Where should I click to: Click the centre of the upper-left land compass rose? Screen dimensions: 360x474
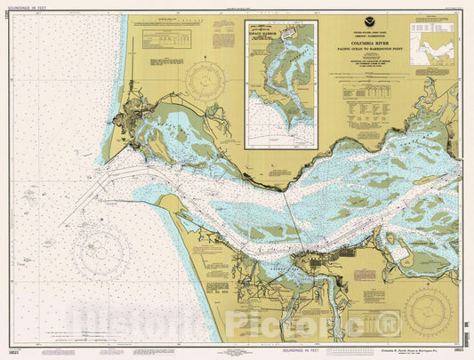coord(207,84)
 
